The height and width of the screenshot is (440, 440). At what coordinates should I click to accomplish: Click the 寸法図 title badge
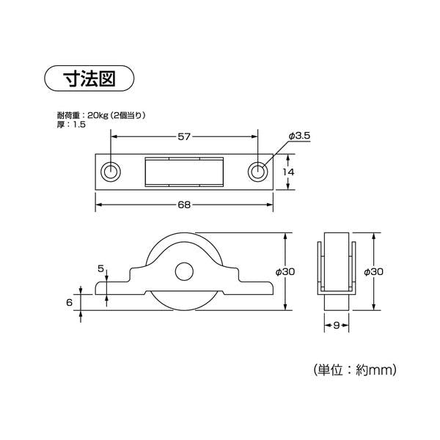(x=90, y=77)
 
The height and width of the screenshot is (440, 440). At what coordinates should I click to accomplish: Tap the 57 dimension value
(x=185, y=136)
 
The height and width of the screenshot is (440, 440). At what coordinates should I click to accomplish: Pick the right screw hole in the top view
(x=257, y=172)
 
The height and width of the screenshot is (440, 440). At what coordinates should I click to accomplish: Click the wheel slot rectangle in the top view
(x=184, y=172)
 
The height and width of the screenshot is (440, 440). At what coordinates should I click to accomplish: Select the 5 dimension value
(x=101, y=269)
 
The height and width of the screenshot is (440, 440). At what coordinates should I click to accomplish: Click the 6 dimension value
(x=69, y=301)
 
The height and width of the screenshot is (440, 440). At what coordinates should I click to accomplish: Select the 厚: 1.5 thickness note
(x=71, y=125)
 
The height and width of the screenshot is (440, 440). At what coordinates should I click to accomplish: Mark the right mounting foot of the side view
(x=253, y=286)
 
